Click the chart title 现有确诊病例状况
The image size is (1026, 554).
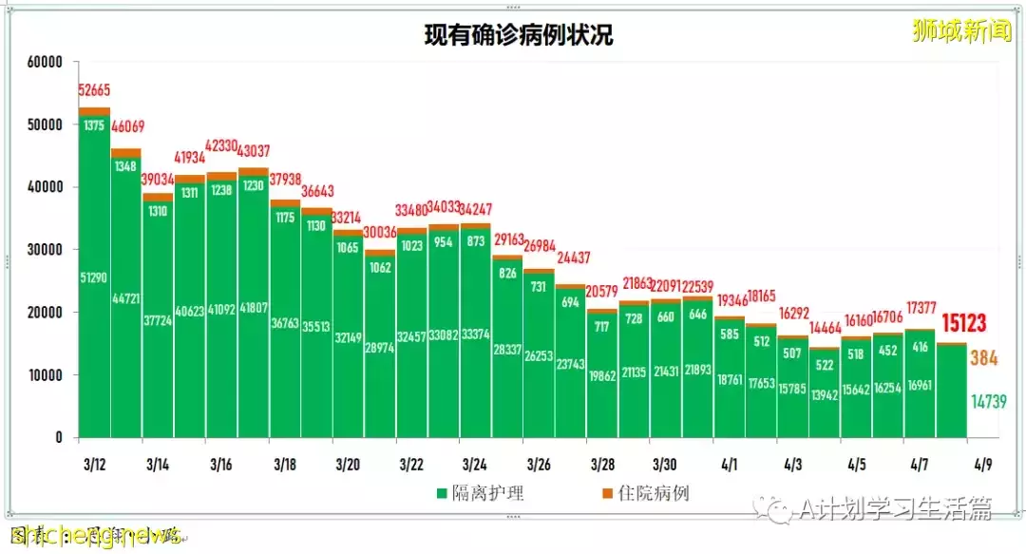tap(518, 36)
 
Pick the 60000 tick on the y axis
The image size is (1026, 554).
tap(44, 63)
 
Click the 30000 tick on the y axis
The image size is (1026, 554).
tap(44, 250)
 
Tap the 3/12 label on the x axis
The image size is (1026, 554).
tap(94, 466)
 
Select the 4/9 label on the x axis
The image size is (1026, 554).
tap(982, 466)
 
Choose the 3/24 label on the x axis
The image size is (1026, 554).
tap(475, 466)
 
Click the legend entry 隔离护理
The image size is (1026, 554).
tap(481, 493)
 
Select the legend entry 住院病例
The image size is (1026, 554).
tap(645, 493)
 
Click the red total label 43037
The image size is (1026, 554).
tap(252, 151)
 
